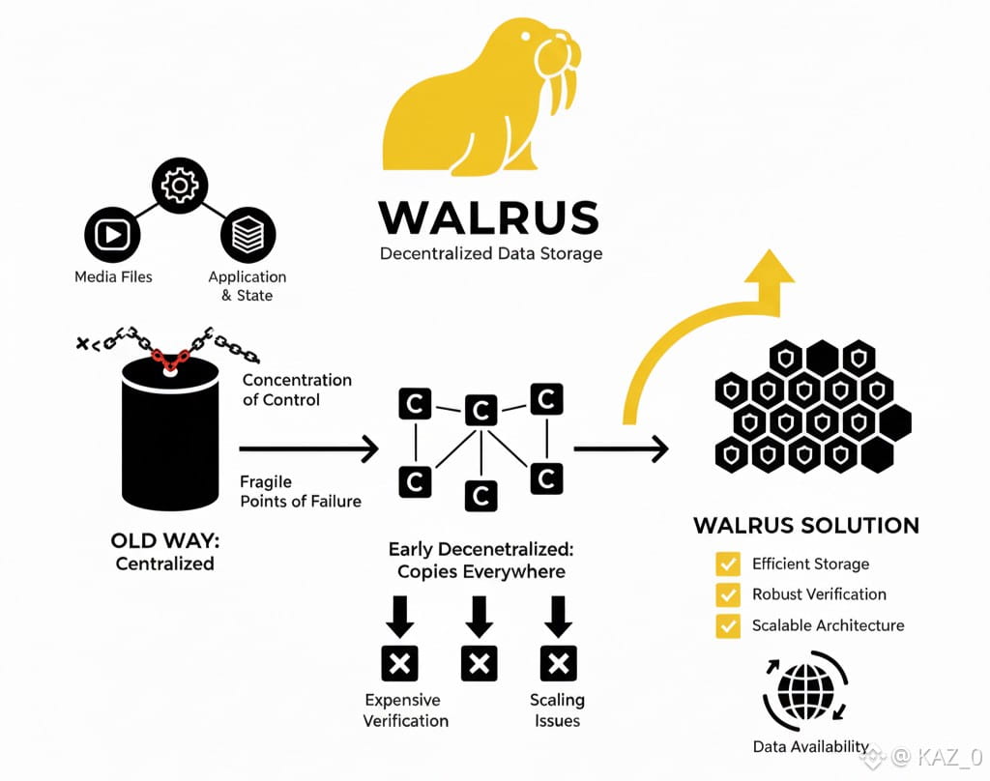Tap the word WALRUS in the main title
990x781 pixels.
click(489, 217)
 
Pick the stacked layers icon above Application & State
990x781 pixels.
click(248, 233)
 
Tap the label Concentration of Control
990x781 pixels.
click(297, 390)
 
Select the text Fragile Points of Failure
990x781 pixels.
click(300, 491)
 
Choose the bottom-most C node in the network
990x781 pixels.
click(480, 495)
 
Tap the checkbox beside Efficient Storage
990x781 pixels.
click(727, 564)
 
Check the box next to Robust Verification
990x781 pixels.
click(727, 594)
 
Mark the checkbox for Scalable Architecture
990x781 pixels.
click(727, 625)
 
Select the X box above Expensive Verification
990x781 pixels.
click(399, 663)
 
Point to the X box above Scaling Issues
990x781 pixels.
click(557, 663)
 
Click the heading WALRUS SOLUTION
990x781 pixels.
click(806, 527)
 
